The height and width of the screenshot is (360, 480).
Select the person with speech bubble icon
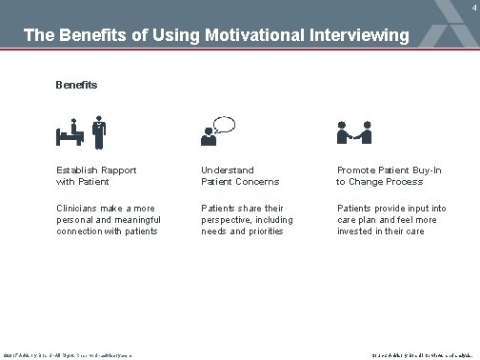pos(218,131)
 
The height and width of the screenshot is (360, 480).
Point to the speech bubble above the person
pos(225,123)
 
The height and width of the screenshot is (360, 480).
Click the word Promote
pos(359,170)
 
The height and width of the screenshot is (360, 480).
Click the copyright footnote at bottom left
pos(66,355)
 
